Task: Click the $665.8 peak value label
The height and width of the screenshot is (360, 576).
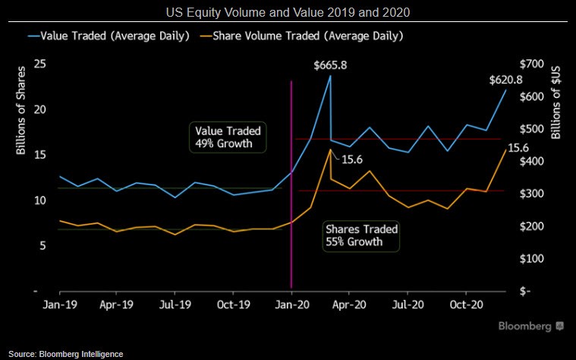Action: (x=330, y=65)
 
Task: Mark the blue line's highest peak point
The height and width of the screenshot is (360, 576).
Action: (x=330, y=75)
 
